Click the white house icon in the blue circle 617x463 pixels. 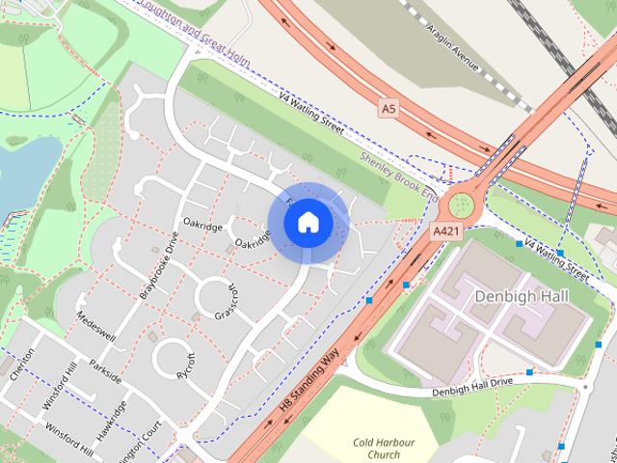308,222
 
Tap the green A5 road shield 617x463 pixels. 389,110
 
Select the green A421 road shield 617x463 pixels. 446,232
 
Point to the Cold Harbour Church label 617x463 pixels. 375,449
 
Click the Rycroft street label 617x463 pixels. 186,362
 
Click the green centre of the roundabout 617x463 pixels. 461,204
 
